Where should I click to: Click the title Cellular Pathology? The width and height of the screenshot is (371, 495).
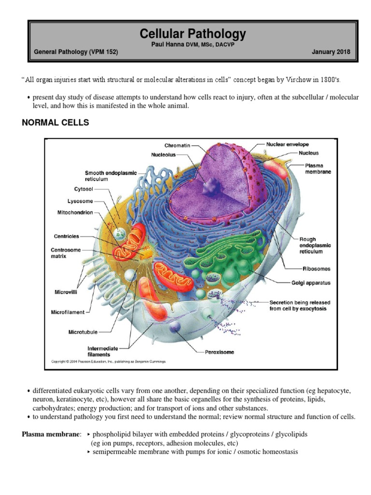tap(192, 34)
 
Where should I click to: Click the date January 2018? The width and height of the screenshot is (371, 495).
tap(331, 52)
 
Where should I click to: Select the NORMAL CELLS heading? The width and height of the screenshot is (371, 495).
tap(56, 123)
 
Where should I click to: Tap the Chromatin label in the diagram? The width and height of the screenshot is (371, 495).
tap(177, 145)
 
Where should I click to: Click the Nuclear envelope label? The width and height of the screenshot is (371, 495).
tap(287, 144)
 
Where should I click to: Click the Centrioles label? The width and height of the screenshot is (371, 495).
tap(66, 236)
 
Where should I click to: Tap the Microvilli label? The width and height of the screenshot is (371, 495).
tap(64, 292)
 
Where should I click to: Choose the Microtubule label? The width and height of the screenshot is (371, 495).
tap(83, 332)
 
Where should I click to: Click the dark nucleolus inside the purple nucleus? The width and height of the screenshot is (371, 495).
tap(211, 186)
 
